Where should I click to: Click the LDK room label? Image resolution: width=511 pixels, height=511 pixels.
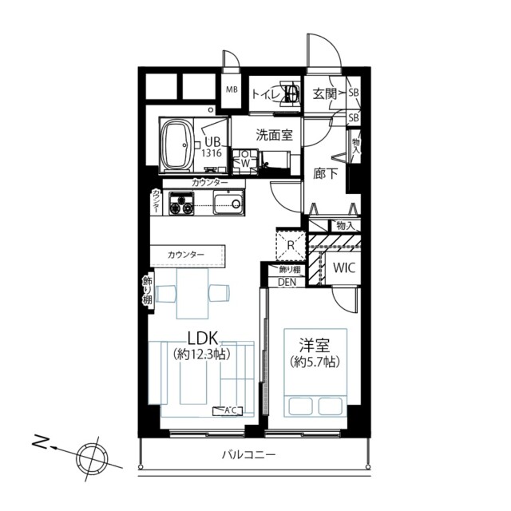[204, 336]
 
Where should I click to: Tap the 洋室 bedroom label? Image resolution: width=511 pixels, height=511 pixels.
[312, 346]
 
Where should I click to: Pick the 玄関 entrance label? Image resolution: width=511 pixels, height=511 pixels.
[324, 94]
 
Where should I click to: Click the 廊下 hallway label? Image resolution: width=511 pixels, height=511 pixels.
[325, 171]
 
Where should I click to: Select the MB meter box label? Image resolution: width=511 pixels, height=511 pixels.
[231, 89]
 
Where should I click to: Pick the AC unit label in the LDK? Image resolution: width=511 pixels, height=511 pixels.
[228, 411]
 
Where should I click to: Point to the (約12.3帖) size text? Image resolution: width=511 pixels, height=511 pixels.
[204, 352]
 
